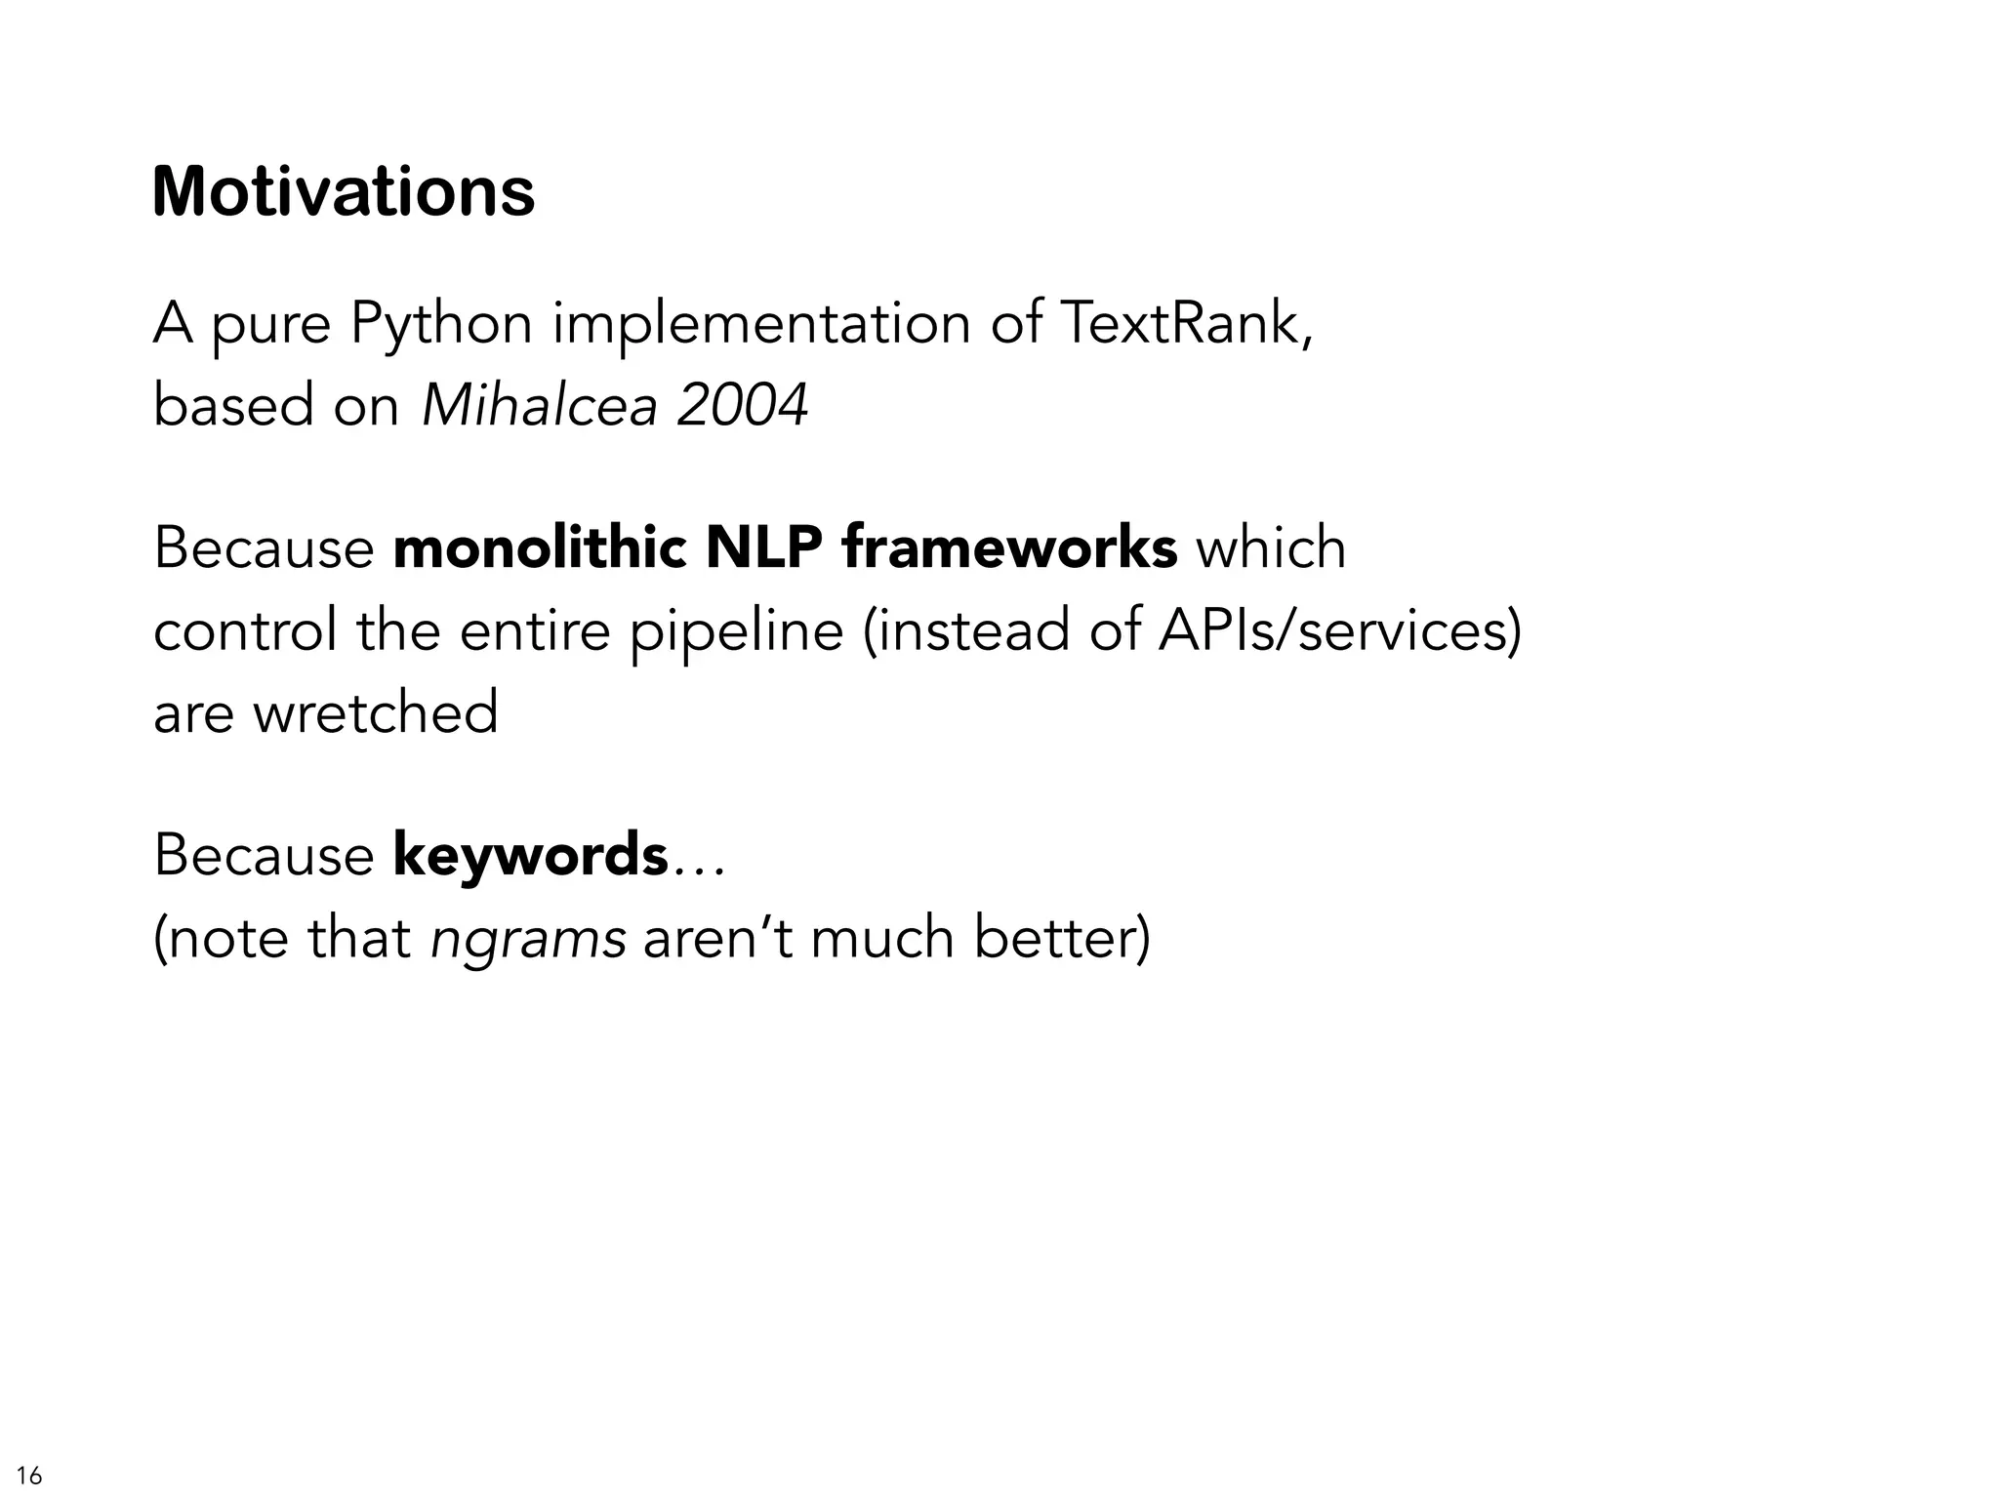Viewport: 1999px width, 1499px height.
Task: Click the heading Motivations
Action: [x=344, y=192]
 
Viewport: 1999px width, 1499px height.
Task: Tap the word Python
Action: [x=441, y=324]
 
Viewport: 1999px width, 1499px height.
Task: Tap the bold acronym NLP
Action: [x=763, y=547]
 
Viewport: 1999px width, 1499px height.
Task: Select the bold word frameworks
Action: [x=1009, y=547]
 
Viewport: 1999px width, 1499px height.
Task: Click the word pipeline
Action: [x=736, y=631]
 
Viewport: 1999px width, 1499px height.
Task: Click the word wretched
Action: [x=376, y=712]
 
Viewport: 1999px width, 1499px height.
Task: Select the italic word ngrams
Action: [x=528, y=940]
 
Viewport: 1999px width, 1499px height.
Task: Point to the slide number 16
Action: [x=30, y=1475]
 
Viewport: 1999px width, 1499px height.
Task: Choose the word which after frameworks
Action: [x=1271, y=547]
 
